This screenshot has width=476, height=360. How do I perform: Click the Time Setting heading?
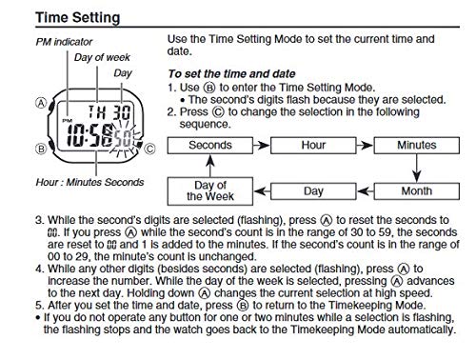(x=78, y=18)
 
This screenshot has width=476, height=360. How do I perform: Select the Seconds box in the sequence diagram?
(x=210, y=146)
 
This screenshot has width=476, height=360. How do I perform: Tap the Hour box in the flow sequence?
(x=313, y=146)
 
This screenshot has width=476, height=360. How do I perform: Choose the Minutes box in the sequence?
(x=417, y=146)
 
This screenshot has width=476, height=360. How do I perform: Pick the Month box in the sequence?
(x=417, y=191)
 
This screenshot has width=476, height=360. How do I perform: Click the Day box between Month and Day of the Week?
(x=313, y=191)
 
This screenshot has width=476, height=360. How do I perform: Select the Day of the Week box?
(x=210, y=191)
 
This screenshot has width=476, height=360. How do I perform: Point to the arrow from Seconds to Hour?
(x=262, y=146)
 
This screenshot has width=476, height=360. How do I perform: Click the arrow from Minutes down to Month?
(x=417, y=169)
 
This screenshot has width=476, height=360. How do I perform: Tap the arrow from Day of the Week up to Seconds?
(x=210, y=166)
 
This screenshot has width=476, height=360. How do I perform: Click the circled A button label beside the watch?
(x=41, y=103)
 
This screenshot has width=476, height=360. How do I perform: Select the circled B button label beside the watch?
(x=41, y=149)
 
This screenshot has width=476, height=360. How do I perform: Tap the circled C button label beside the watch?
(x=149, y=149)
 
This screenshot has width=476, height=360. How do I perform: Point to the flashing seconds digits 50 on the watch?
(x=122, y=138)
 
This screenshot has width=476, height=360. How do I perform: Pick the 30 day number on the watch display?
(x=122, y=111)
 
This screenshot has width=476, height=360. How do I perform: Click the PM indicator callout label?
(x=64, y=42)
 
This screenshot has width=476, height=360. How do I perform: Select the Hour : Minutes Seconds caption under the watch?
(x=89, y=182)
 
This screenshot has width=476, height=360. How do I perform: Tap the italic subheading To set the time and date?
(x=231, y=74)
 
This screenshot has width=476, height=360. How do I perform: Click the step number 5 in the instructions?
(x=39, y=306)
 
